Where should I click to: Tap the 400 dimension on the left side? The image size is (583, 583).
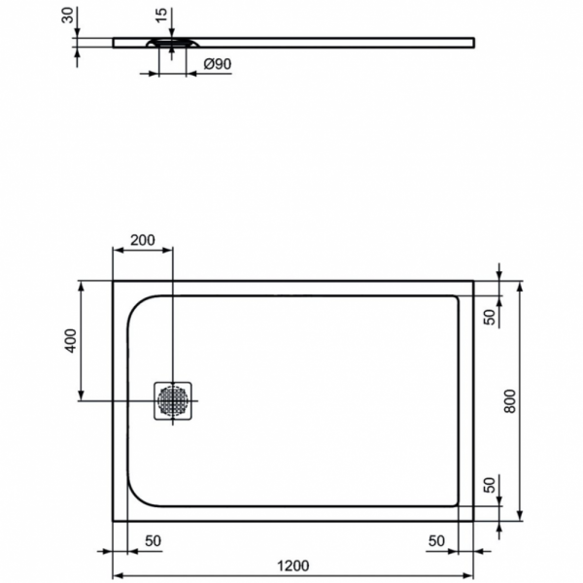point(69,341)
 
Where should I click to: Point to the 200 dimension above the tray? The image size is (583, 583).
point(143,241)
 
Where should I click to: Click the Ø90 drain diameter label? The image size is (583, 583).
point(217,65)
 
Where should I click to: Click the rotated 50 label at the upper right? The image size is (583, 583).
point(491,314)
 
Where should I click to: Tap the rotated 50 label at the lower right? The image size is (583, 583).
point(491,485)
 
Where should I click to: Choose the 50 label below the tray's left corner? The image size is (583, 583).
point(153,539)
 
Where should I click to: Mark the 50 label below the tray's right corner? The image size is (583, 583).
point(436,539)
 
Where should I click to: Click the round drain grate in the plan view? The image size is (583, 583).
point(173,400)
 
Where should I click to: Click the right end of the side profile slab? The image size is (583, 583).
point(473,41)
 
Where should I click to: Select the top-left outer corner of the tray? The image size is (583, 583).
point(114,283)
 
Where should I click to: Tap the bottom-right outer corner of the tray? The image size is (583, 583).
point(474,519)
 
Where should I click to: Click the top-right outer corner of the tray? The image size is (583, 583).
point(474,283)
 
